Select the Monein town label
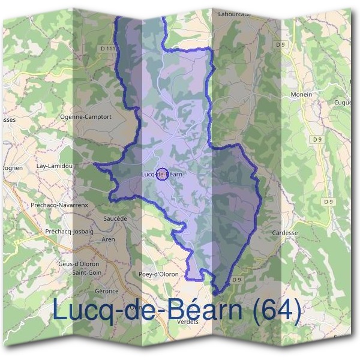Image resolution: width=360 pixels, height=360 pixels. (x=301, y=95)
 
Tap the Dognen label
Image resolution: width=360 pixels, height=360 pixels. (x=12, y=168)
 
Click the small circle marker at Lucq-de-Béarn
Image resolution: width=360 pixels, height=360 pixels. (x=161, y=175)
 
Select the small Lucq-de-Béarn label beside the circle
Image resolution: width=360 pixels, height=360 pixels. (x=160, y=175)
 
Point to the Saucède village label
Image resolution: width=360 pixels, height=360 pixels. (x=115, y=219)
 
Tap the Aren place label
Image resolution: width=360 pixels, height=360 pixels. (x=108, y=239)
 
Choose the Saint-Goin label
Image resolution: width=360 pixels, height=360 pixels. (x=86, y=272)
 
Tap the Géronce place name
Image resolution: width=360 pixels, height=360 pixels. (x=106, y=291)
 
